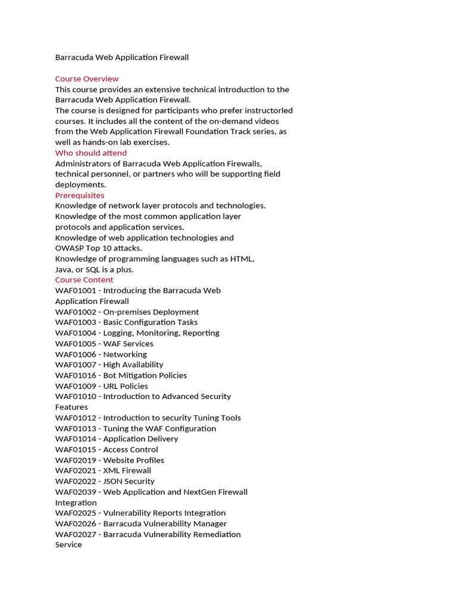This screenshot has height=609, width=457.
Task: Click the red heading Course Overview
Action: pos(87,79)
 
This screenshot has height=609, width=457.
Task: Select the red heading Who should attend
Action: pos(91,153)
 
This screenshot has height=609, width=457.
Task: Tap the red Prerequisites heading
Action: pos(80,195)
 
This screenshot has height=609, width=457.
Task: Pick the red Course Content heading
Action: pos(84,280)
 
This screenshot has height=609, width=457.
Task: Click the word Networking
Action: pos(125,354)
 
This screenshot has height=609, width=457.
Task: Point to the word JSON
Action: pos(112,481)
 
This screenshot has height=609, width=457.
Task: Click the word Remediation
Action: pos(215,534)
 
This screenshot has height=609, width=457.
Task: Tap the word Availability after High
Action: pos(143,365)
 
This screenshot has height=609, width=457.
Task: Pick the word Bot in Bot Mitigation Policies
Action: pos(110,375)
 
